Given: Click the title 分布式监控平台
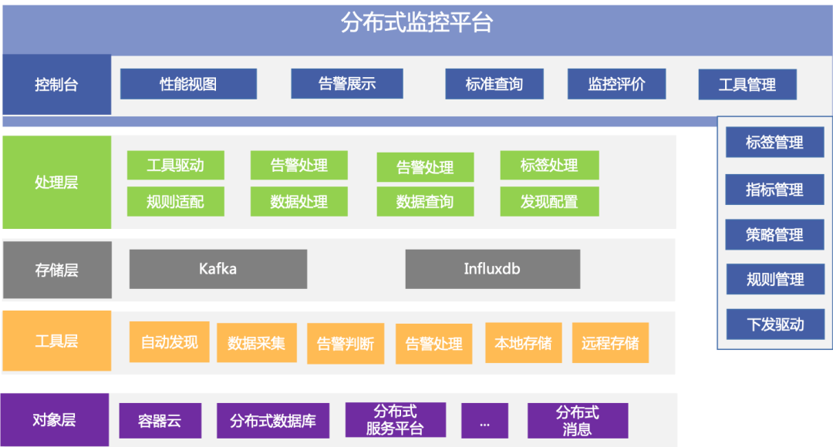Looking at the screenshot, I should [416, 23].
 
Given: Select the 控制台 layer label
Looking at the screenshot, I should [56, 85].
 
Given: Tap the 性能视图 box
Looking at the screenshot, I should [188, 84].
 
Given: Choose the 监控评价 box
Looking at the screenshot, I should [616, 84].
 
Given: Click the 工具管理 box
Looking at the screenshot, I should [747, 84].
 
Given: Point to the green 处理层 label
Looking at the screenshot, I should [56, 183].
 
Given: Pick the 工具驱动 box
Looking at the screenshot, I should [175, 166].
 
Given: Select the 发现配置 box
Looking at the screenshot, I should [548, 202].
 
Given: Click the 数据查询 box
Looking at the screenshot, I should [425, 202].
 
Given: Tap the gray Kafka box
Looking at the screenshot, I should [218, 269].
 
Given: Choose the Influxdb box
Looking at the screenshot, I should [492, 269].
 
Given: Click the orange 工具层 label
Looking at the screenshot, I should [56, 341].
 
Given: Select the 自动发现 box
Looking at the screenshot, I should [169, 342].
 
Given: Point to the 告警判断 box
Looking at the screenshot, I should [345, 344].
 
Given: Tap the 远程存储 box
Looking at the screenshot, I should [610, 343].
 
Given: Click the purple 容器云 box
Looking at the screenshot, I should [160, 421].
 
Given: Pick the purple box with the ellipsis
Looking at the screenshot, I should [484, 421].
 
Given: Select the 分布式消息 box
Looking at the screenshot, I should [578, 421].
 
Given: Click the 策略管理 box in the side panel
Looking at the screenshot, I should [774, 235].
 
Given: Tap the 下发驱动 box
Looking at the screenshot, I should [774, 324].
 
